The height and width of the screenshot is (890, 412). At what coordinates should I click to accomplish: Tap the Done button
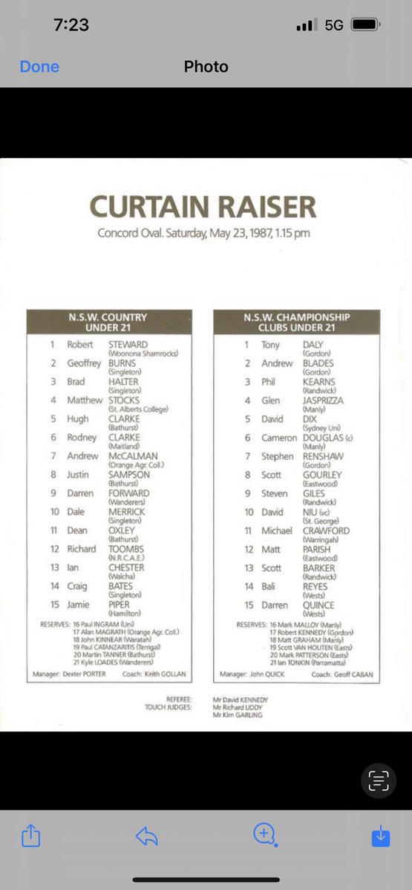[39, 67]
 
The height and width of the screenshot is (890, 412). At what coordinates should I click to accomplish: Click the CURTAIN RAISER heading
[203, 207]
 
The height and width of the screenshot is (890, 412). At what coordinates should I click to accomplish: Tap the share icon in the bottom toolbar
[30, 837]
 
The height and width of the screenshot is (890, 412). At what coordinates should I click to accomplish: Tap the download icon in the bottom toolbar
[380, 837]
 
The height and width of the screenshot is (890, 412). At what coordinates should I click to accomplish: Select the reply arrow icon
[147, 837]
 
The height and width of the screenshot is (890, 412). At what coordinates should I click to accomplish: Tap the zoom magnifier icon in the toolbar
[264, 835]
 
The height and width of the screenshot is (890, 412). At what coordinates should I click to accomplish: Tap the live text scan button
[379, 779]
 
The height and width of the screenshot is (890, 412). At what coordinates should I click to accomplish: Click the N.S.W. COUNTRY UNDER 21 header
[109, 322]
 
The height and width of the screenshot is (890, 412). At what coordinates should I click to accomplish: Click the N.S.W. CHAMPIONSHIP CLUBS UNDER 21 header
[296, 322]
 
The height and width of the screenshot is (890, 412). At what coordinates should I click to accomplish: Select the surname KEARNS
[318, 382]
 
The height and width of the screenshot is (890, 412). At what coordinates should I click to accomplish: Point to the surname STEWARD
[128, 345]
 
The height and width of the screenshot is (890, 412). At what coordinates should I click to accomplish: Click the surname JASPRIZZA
[323, 400]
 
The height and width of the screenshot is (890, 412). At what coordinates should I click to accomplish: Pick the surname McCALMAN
[133, 456]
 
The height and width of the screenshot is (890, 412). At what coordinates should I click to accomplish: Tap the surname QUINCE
[318, 605]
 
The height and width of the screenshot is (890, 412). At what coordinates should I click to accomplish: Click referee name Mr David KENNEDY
[240, 699]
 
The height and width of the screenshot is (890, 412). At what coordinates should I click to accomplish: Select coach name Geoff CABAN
[353, 675]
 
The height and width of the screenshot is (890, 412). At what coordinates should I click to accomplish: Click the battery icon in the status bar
[365, 24]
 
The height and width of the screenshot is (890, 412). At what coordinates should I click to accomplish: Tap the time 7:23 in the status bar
[71, 24]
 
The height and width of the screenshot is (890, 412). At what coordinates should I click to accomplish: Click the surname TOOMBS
[127, 549]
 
